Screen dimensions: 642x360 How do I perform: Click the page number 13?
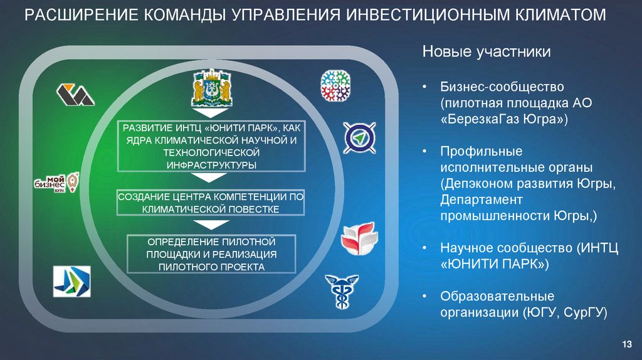(x=626, y=343)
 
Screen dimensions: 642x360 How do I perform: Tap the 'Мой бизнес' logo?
(x=56, y=184)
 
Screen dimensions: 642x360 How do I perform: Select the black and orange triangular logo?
(x=75, y=94)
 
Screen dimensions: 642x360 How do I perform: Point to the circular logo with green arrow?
(x=359, y=137)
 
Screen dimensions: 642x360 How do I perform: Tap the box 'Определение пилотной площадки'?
(x=211, y=254)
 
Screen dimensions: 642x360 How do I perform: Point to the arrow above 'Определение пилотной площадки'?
(x=210, y=225)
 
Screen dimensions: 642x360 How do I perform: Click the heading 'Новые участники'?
(x=486, y=51)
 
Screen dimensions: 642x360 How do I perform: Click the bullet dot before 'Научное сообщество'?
(x=425, y=248)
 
